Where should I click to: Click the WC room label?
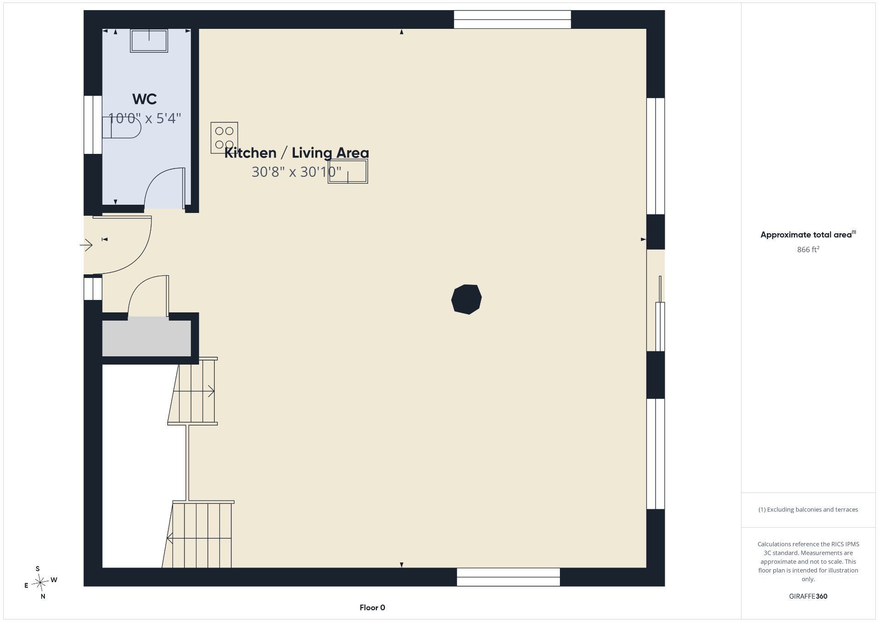coord(144,99)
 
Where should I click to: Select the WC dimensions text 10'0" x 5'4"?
coord(145,119)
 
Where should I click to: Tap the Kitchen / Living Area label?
coord(297,153)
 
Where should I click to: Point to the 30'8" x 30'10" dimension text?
coord(297,172)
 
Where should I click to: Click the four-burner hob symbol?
coord(224,137)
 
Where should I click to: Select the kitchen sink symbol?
coord(348,171)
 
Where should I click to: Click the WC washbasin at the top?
coord(149,41)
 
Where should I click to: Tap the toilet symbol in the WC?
coord(121,127)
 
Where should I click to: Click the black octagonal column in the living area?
coord(467,299)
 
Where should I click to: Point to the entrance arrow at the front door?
coord(86,245)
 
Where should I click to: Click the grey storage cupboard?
coord(146,338)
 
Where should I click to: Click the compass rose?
coord(41,583)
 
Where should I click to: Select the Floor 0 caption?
coord(372,608)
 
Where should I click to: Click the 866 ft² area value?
coord(808,250)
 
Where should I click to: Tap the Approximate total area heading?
coord(808,235)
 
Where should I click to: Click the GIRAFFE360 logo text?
coord(808,596)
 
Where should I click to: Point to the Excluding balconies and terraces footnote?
coord(808,509)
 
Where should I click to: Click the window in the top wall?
coord(512,19)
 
